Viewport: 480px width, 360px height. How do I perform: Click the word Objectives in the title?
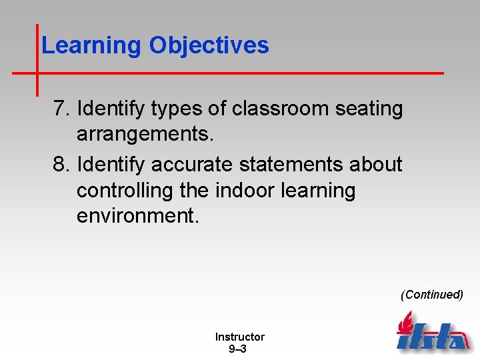click(x=209, y=45)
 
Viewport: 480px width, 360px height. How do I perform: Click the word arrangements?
click(x=145, y=135)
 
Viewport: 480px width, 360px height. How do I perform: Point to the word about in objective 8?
click(x=378, y=164)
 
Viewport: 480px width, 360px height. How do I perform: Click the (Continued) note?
click(x=431, y=295)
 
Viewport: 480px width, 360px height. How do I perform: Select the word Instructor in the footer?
click(x=239, y=337)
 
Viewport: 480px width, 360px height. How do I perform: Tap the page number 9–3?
click(x=237, y=349)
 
